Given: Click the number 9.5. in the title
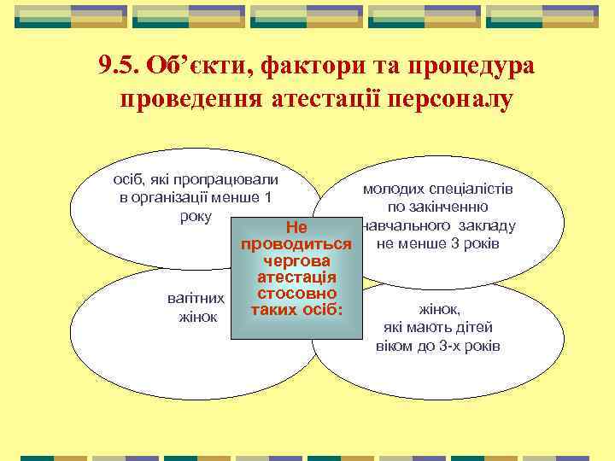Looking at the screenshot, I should (119, 66).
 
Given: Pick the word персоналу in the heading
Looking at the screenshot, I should (454, 100).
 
